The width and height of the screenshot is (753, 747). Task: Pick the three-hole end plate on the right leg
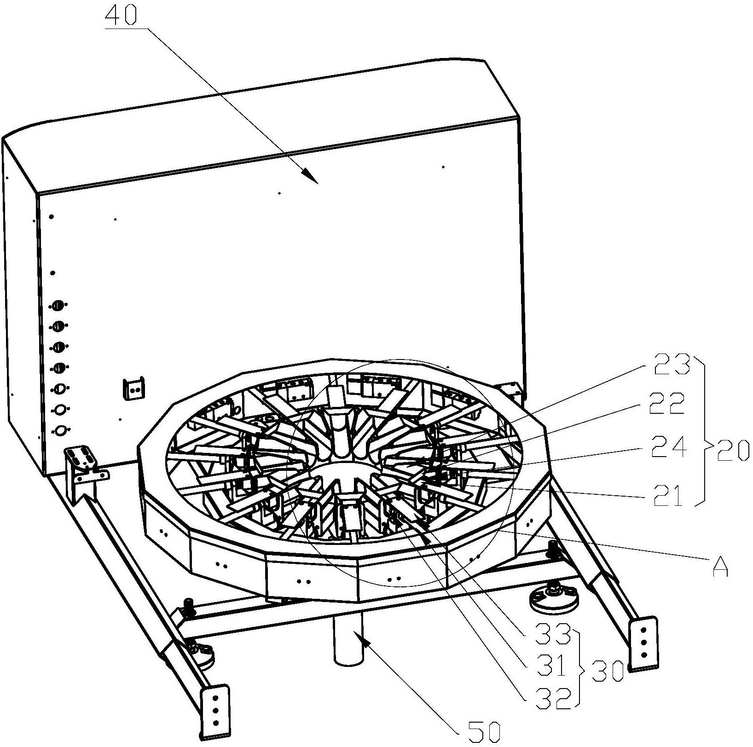(x=643, y=643)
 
